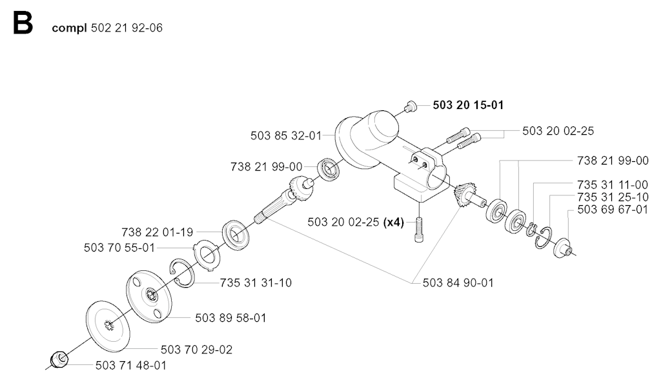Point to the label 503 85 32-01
pos(285,135)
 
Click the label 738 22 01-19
pos(157,232)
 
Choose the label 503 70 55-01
pos(119,248)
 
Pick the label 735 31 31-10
pos(256,283)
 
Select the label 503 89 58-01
pos(230,318)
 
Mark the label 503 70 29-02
pos(196,350)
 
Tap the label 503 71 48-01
pos(130,365)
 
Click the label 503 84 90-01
pos(458,283)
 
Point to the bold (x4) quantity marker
pos(393,222)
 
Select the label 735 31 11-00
pos(613,184)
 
